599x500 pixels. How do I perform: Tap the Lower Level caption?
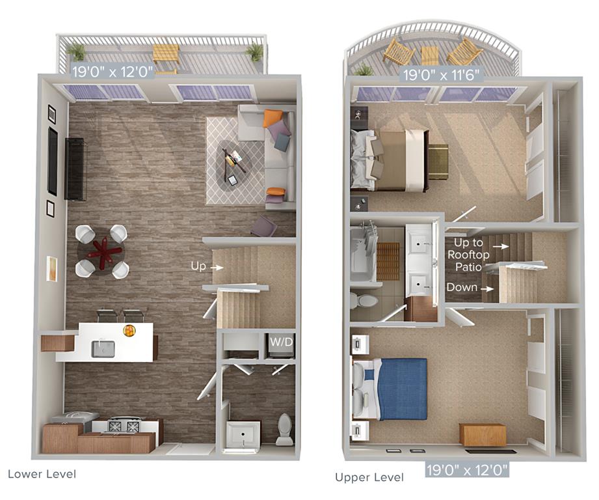[x=42, y=473]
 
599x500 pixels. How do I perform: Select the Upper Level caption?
[x=369, y=477]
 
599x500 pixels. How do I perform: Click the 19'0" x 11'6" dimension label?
[x=442, y=75]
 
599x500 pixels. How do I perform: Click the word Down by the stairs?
[x=461, y=287]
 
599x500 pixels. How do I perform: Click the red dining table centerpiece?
[x=101, y=250]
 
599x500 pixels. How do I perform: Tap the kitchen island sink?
[x=103, y=348]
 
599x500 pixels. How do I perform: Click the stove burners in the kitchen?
[x=124, y=426]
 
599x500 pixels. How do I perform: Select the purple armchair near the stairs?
[x=264, y=227]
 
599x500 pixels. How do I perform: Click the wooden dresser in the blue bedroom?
[x=482, y=434]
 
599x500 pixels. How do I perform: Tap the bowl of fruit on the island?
[x=129, y=331]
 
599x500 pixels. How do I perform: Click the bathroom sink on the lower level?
[x=243, y=434]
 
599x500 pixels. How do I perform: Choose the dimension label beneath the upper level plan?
[x=467, y=469]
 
